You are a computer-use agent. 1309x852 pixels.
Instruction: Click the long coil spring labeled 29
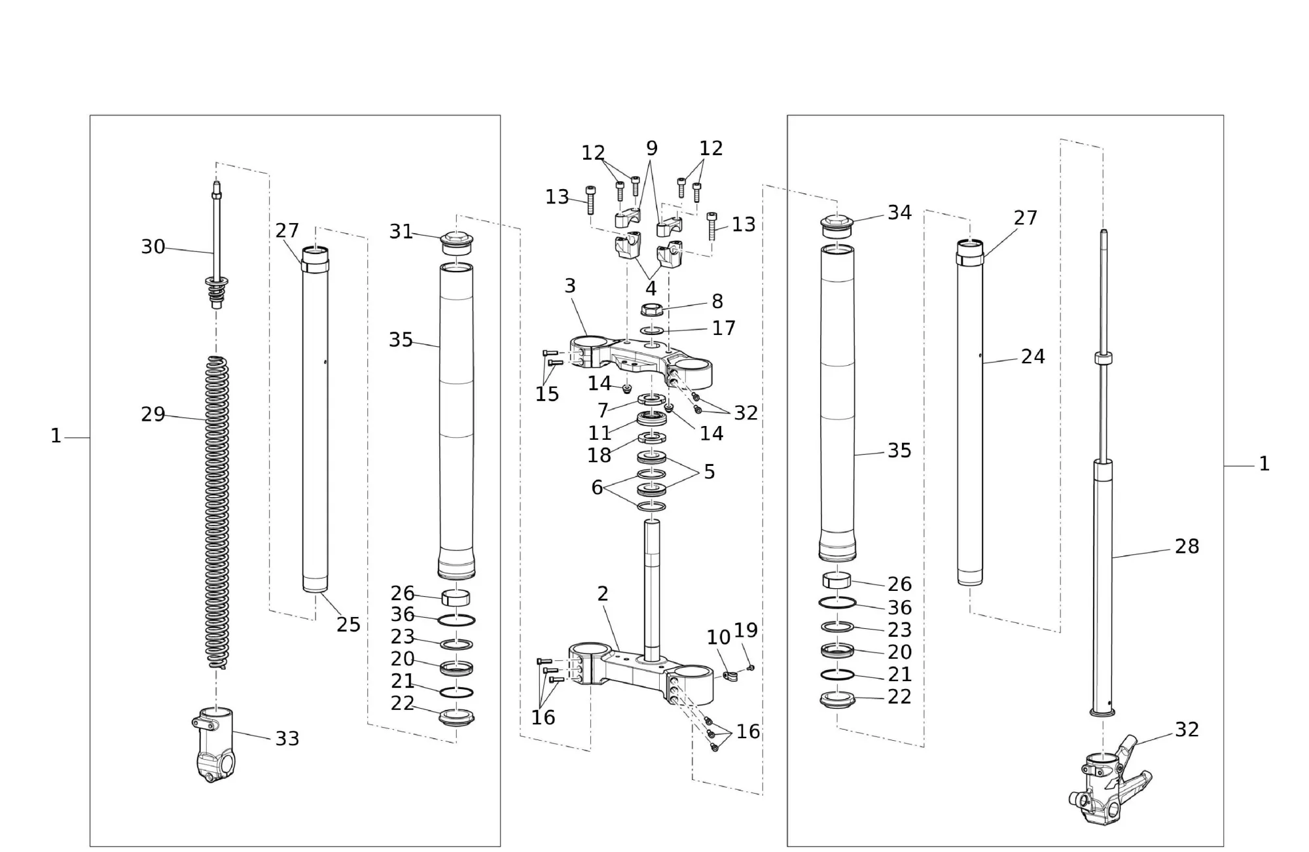pos(217,510)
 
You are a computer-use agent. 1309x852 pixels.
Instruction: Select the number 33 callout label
pos(287,738)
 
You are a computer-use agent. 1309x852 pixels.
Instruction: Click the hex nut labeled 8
pos(652,310)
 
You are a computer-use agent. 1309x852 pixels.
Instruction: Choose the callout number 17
pos(723,328)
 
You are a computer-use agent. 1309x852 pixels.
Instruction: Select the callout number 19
pos(745,630)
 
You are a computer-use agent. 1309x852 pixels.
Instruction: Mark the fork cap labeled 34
pos(837,226)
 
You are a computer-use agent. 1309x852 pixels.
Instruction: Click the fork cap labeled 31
pos(456,243)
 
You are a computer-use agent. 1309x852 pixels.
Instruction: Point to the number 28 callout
pos(1187,546)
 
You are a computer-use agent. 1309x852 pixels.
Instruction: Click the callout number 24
pos(1033,357)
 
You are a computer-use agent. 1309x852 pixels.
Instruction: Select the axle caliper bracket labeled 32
pos(1109,785)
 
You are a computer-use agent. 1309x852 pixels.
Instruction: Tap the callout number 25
pos(348,625)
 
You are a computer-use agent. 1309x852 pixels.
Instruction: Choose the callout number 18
pos(599,455)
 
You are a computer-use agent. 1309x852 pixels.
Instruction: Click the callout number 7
pos(603,410)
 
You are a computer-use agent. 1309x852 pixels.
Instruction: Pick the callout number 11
pos(599,433)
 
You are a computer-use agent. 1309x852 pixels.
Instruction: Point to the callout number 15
pos(547,394)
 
